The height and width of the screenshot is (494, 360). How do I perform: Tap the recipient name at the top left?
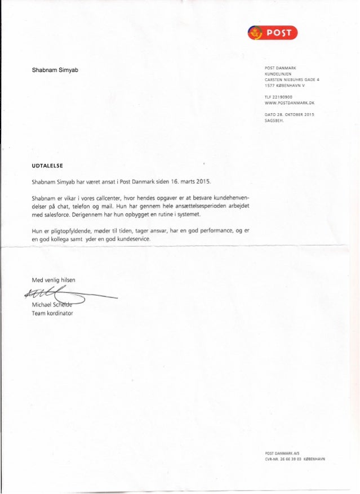tap(58, 70)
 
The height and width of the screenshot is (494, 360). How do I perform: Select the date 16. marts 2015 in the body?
tap(188, 181)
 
